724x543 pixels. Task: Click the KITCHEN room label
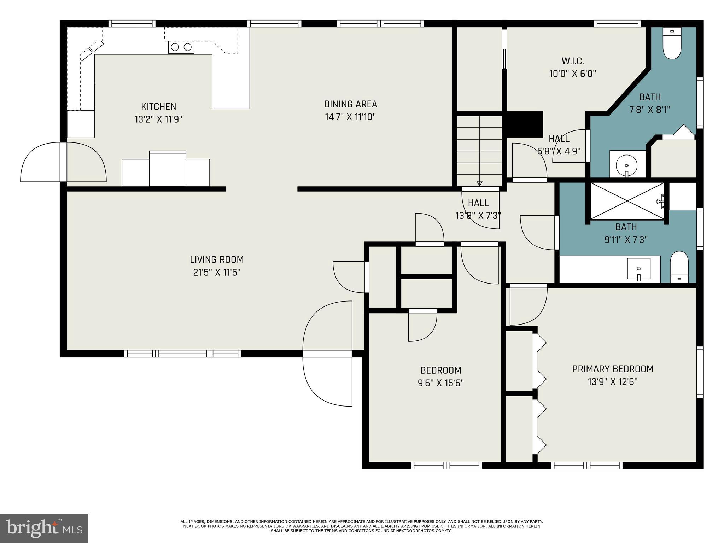pos(158,106)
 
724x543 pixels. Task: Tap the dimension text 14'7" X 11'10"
pos(350,117)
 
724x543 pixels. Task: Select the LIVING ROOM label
pos(217,259)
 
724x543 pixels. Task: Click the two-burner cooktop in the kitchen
pos(181,47)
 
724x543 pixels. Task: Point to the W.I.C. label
pos(572,61)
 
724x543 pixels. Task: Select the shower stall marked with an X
pos(627,201)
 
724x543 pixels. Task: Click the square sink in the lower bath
pos(639,269)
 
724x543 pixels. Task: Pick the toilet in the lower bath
pos(679,267)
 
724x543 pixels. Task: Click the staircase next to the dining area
pos(480,148)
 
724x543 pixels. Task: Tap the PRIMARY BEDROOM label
pos(613,369)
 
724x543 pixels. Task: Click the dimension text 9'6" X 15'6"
pos(440,383)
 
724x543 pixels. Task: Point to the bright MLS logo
pos(44,528)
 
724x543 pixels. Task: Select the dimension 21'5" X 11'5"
pos(217,273)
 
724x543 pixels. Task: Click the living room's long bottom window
pos(183,354)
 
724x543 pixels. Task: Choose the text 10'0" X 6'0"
pos(572,74)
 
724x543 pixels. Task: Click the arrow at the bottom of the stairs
pos(479,183)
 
